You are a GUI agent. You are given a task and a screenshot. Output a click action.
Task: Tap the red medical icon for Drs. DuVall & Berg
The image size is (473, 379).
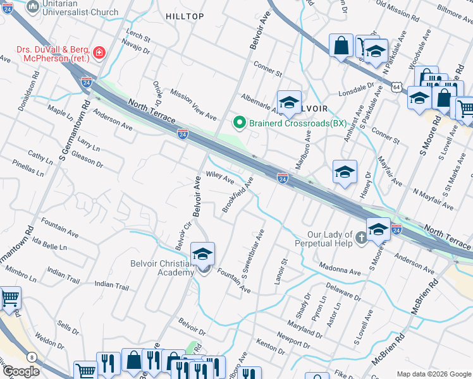98,52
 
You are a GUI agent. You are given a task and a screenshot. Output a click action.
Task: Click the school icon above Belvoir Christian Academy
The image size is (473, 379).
203,254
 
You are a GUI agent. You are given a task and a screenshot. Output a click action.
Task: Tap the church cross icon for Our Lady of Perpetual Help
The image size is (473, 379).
360,238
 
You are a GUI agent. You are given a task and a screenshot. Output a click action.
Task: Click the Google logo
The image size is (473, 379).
21,371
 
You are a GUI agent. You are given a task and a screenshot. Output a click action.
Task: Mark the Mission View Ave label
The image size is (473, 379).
193,104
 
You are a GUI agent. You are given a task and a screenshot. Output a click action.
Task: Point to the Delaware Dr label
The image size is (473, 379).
342,292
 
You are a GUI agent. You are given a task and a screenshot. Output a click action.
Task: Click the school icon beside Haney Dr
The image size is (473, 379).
345,172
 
